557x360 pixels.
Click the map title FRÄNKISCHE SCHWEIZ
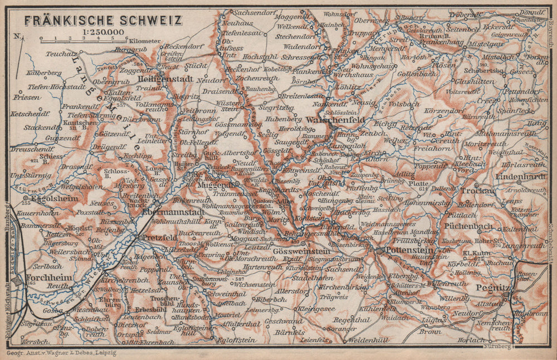[x=103, y=21]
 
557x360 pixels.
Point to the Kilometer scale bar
[x=78, y=40]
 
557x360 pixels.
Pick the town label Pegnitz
[x=489, y=288]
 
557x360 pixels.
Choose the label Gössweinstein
[x=302, y=251]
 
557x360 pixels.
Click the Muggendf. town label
[x=215, y=184]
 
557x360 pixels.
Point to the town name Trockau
[x=477, y=191]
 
